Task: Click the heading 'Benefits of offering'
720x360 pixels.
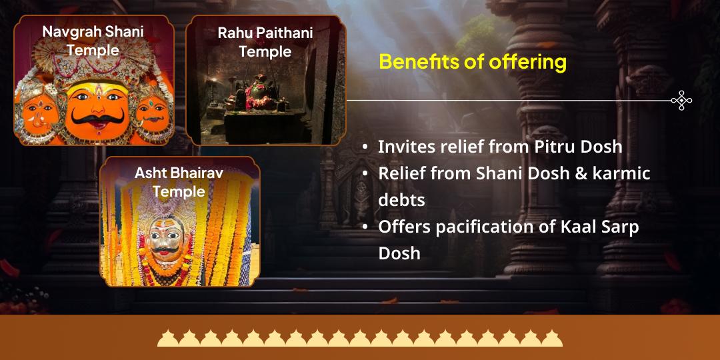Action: coord(473,62)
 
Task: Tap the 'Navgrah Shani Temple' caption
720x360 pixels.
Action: coord(93,41)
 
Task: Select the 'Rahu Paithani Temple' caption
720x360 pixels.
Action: coord(265,42)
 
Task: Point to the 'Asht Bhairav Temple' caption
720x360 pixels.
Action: coord(179,182)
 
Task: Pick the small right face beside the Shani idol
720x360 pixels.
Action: coord(153,111)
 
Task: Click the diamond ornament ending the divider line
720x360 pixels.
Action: coord(681,101)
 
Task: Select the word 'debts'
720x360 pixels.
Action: coord(401,200)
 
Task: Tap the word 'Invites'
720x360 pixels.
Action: coord(405,147)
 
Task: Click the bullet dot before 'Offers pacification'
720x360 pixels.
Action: coord(365,227)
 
